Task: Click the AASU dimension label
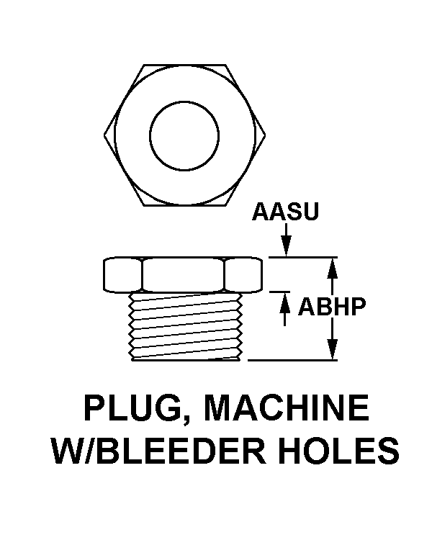coord(285,211)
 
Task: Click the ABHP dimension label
coord(331,307)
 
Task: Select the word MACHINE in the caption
coord(287,408)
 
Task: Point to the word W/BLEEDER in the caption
coord(159,451)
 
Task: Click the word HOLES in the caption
coord(338,451)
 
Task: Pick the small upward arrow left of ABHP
coord(284,309)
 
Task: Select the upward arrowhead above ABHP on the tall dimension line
coord(332,268)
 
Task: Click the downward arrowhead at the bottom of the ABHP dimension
coord(332,349)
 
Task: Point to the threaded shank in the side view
coord(186,326)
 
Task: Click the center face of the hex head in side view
coord(183,275)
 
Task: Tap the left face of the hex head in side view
coord(122,275)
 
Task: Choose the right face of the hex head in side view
coord(243,275)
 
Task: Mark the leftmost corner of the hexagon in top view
coord(104,135)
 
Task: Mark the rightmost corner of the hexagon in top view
coord(265,135)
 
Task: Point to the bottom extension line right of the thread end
coord(292,360)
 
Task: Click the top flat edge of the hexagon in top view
coord(184,64)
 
